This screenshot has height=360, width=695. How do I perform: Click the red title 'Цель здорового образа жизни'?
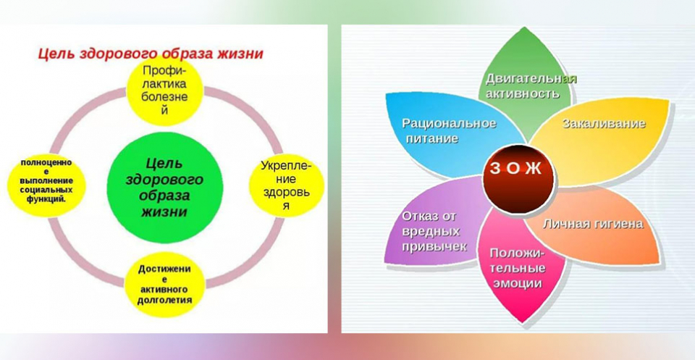(151, 54)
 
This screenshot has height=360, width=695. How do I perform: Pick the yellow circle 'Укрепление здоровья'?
(287, 185)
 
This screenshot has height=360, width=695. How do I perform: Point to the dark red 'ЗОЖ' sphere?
(518, 180)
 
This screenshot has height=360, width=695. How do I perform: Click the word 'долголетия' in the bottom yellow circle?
(164, 301)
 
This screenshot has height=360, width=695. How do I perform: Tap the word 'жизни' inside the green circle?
(164, 212)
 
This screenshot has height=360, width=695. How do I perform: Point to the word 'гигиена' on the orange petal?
(618, 224)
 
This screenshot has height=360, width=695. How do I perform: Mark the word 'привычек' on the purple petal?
(434, 246)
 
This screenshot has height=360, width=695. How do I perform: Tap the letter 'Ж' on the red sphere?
(534, 169)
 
